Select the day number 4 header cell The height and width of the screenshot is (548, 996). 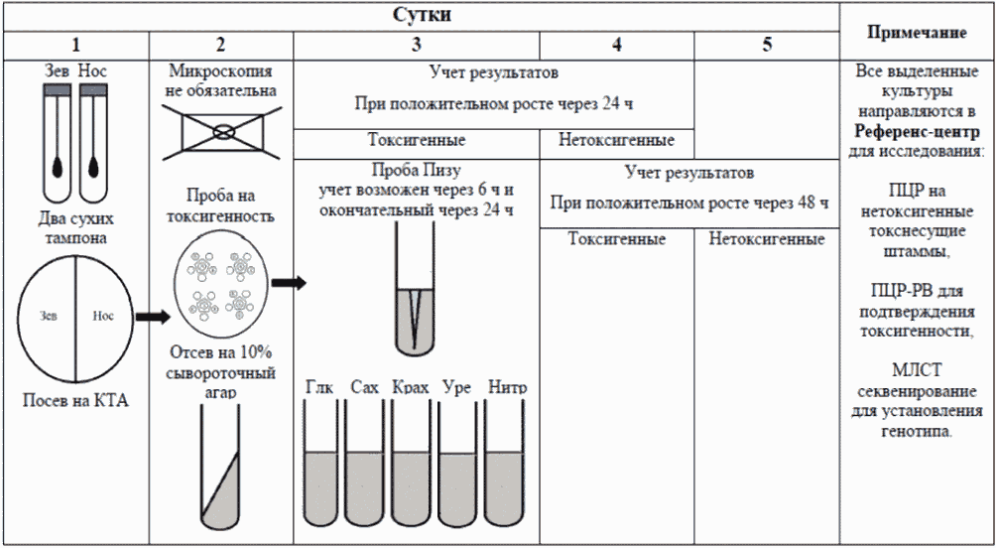click(616, 45)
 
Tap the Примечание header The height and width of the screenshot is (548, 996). click(917, 33)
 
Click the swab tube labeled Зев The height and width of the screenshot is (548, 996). click(58, 143)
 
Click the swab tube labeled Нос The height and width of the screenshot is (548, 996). click(92, 143)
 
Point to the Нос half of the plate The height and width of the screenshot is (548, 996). click(104, 317)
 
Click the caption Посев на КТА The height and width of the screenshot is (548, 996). click(75, 401)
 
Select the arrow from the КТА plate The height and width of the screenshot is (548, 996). click(152, 317)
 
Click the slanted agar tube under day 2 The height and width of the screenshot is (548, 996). click(221, 467)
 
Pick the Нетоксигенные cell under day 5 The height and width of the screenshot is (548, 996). click(767, 239)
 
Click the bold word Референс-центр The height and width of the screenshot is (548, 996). click(917, 131)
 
